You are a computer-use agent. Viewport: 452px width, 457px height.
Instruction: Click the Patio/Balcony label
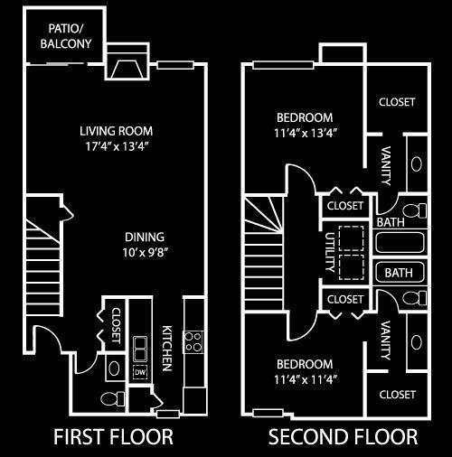pos(66,36)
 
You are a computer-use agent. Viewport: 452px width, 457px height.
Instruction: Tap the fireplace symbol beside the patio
pos(127,70)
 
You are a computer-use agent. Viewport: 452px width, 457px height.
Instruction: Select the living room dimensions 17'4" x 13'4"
pos(118,146)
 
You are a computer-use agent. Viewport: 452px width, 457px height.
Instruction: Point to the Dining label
pos(145,237)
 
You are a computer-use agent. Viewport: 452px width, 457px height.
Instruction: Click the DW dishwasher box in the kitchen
pos(140,372)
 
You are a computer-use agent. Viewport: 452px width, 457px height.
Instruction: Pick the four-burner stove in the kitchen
pos(193,342)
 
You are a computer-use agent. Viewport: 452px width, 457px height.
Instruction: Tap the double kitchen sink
pos(140,349)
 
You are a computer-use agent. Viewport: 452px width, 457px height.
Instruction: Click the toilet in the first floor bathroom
pos(112,398)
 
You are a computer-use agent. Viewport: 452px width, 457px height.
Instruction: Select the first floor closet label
pos(116,325)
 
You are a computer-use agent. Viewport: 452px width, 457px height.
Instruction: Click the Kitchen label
pos(167,348)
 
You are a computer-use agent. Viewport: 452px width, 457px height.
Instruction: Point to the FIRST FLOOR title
pos(113,437)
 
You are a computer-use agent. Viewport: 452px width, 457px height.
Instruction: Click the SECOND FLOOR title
pos(343,437)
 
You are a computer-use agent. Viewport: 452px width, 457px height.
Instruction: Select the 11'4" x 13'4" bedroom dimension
pos(305,133)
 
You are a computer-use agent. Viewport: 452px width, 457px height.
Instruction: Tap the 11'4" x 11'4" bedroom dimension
pos(305,379)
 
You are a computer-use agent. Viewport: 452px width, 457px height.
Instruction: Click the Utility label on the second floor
pos(330,252)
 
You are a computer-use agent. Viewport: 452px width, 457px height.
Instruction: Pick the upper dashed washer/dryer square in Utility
pos(351,238)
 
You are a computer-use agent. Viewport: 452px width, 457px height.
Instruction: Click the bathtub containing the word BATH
pos(400,273)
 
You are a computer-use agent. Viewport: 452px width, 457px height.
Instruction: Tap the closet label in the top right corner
pos(397,102)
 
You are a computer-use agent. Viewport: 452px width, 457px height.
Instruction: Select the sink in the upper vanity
pos(417,164)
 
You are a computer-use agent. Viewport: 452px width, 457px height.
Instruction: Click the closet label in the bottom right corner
pos(398,395)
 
